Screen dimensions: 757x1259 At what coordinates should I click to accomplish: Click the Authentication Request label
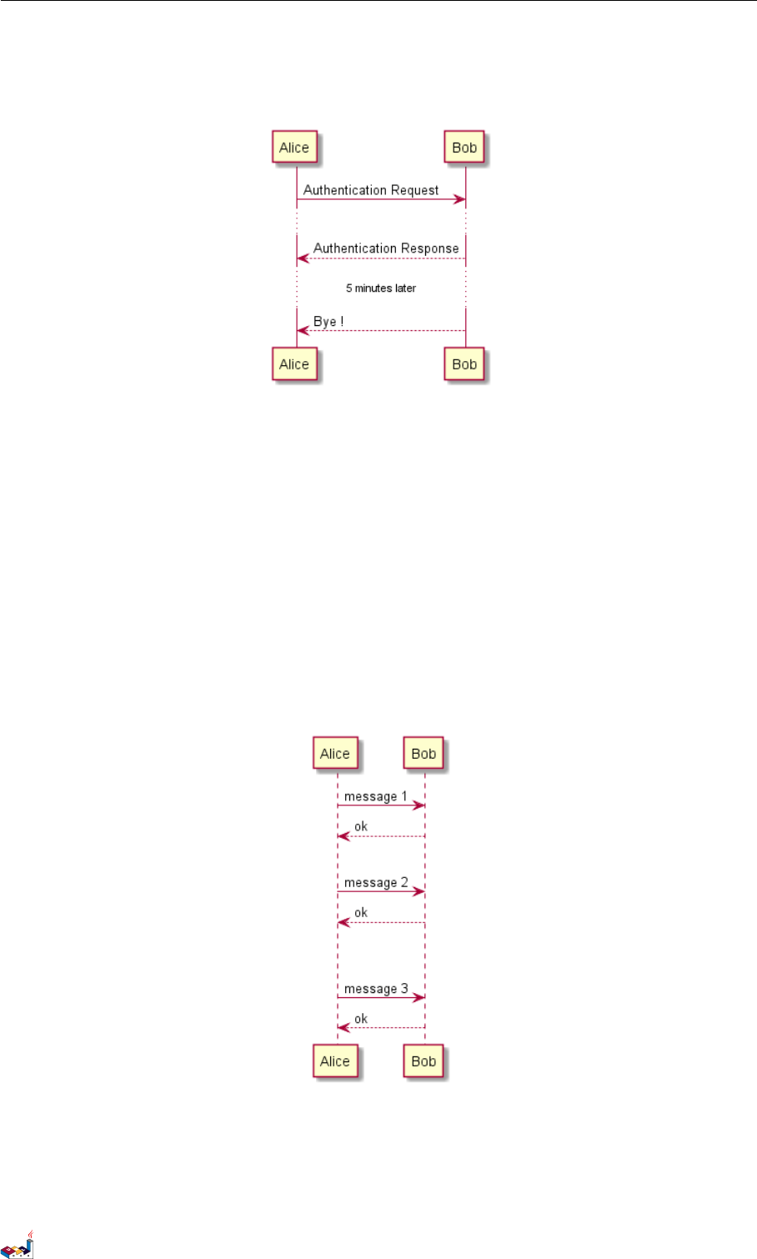tap(371, 190)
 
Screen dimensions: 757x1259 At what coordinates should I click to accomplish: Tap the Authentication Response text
tap(386, 248)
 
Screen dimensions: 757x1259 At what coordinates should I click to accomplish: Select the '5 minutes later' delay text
tap(381, 288)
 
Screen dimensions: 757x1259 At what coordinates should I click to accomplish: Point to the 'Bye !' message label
tap(328, 322)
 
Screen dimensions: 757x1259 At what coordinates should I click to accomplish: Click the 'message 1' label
tap(376, 796)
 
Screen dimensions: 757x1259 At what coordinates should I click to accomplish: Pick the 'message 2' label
tap(376, 883)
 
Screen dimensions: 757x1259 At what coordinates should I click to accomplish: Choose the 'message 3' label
tap(376, 989)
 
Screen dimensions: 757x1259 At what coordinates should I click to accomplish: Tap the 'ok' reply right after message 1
tap(361, 827)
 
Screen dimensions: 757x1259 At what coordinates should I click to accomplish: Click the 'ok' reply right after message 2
tap(361, 913)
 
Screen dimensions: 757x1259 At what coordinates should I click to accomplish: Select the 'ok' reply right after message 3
tap(361, 1019)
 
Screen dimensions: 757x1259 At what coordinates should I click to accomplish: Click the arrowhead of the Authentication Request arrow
tap(460, 200)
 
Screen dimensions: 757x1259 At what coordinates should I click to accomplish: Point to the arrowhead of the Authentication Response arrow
tap(303, 258)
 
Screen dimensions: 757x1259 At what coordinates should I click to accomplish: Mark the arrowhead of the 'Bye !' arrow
tap(303, 331)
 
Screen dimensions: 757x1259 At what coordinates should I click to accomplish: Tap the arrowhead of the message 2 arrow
tap(420, 892)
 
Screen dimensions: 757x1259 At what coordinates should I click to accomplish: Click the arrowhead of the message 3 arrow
tap(420, 997)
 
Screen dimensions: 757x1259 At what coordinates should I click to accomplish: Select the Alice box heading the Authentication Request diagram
tap(294, 148)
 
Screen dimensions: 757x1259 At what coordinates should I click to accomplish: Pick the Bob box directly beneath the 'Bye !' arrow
tap(464, 364)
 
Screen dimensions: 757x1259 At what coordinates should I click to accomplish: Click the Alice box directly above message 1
tap(335, 754)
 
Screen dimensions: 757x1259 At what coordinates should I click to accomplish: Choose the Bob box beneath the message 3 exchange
tap(424, 1061)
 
